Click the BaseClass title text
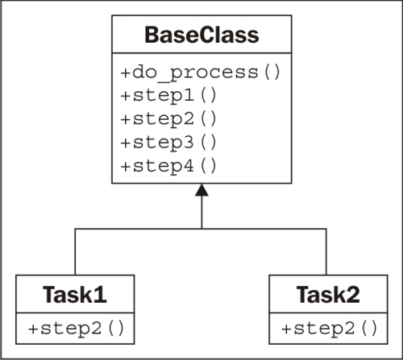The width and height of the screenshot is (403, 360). [201, 35]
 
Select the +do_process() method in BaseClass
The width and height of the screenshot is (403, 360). [201, 72]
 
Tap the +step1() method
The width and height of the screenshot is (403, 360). [168, 96]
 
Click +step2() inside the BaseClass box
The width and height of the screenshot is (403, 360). [168, 119]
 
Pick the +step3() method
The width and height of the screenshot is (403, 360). [168, 143]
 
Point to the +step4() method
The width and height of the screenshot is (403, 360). [168, 166]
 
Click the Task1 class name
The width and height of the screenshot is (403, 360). [75, 295]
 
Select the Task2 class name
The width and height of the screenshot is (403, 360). [328, 295]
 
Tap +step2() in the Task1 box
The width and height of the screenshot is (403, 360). [76, 329]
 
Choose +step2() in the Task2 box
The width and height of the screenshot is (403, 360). [330, 329]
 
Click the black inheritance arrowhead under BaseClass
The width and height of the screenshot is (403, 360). [201, 190]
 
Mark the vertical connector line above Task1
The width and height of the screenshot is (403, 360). [75, 252]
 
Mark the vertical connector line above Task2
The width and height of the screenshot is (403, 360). [326, 252]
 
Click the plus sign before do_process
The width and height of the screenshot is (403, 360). [126, 72]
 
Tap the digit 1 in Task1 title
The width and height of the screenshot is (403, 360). [100, 295]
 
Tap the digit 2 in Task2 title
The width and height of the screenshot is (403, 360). [353, 295]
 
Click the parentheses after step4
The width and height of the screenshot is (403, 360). [208, 166]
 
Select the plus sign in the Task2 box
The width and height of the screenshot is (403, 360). [286, 329]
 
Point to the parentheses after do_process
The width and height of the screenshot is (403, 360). [272, 72]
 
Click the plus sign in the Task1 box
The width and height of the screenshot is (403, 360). [33, 329]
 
